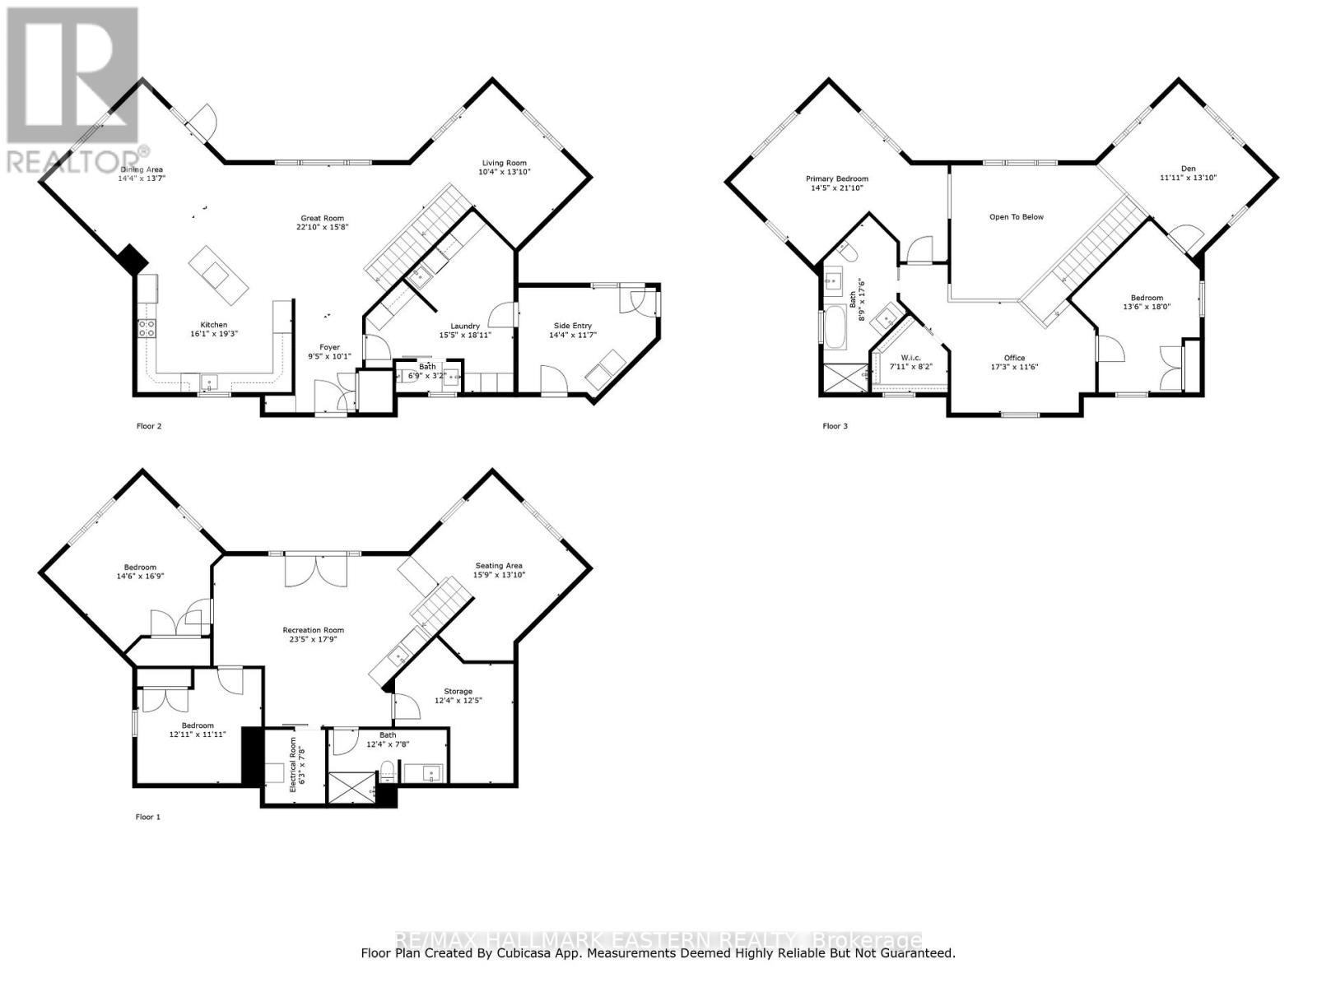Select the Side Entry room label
coord(572,326)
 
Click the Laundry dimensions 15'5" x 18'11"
coord(465,336)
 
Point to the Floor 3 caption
coord(835,426)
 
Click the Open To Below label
coord(1016,217)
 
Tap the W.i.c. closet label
coord(910,357)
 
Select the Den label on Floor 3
coord(1188,169)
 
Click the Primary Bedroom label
coord(836,178)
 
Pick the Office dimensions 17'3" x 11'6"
coord(1014,367)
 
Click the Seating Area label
coord(498,565)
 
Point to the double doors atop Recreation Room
coord(311,571)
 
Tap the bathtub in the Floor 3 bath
coord(835,329)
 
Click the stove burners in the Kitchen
coord(147,329)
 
